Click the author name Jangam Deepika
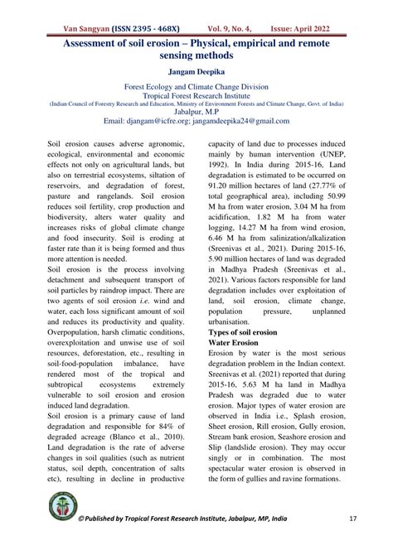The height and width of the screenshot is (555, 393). (196, 72)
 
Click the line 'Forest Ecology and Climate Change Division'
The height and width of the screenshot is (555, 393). (196, 86)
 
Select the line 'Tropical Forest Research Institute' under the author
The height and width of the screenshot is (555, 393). (196, 95)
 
